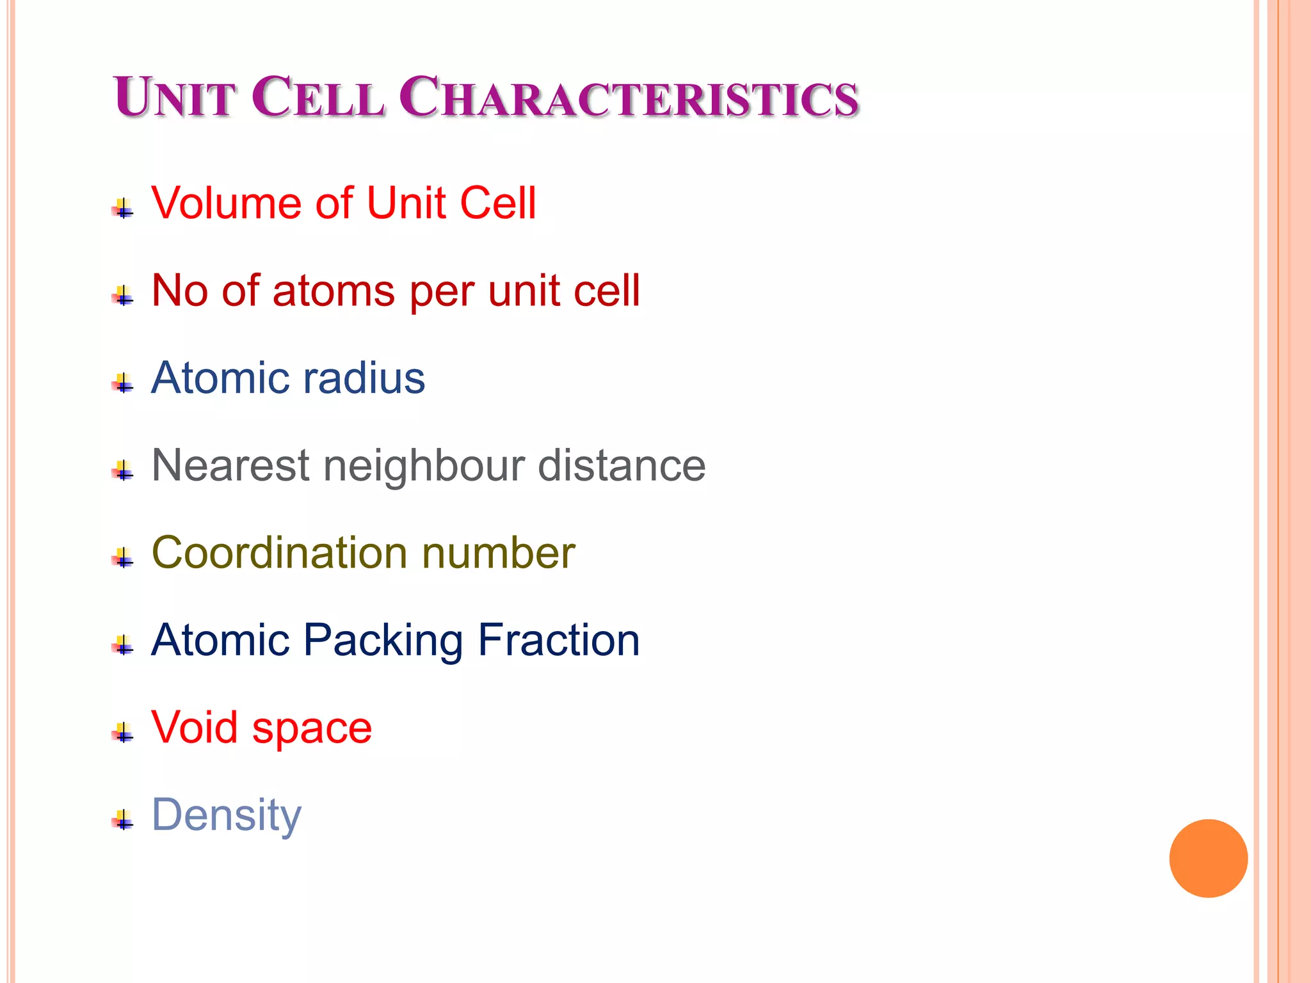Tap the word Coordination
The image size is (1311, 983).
pos(278,553)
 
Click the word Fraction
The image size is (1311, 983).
pos(559,640)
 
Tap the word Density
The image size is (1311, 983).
pos(226,816)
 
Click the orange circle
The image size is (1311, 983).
pos(1208,858)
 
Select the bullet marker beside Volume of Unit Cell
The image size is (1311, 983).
pos(123,209)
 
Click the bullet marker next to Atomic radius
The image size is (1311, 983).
pos(123,384)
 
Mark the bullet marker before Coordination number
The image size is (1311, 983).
pos(123,559)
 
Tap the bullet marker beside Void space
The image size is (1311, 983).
pos(123,733)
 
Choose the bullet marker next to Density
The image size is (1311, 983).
pos(123,820)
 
